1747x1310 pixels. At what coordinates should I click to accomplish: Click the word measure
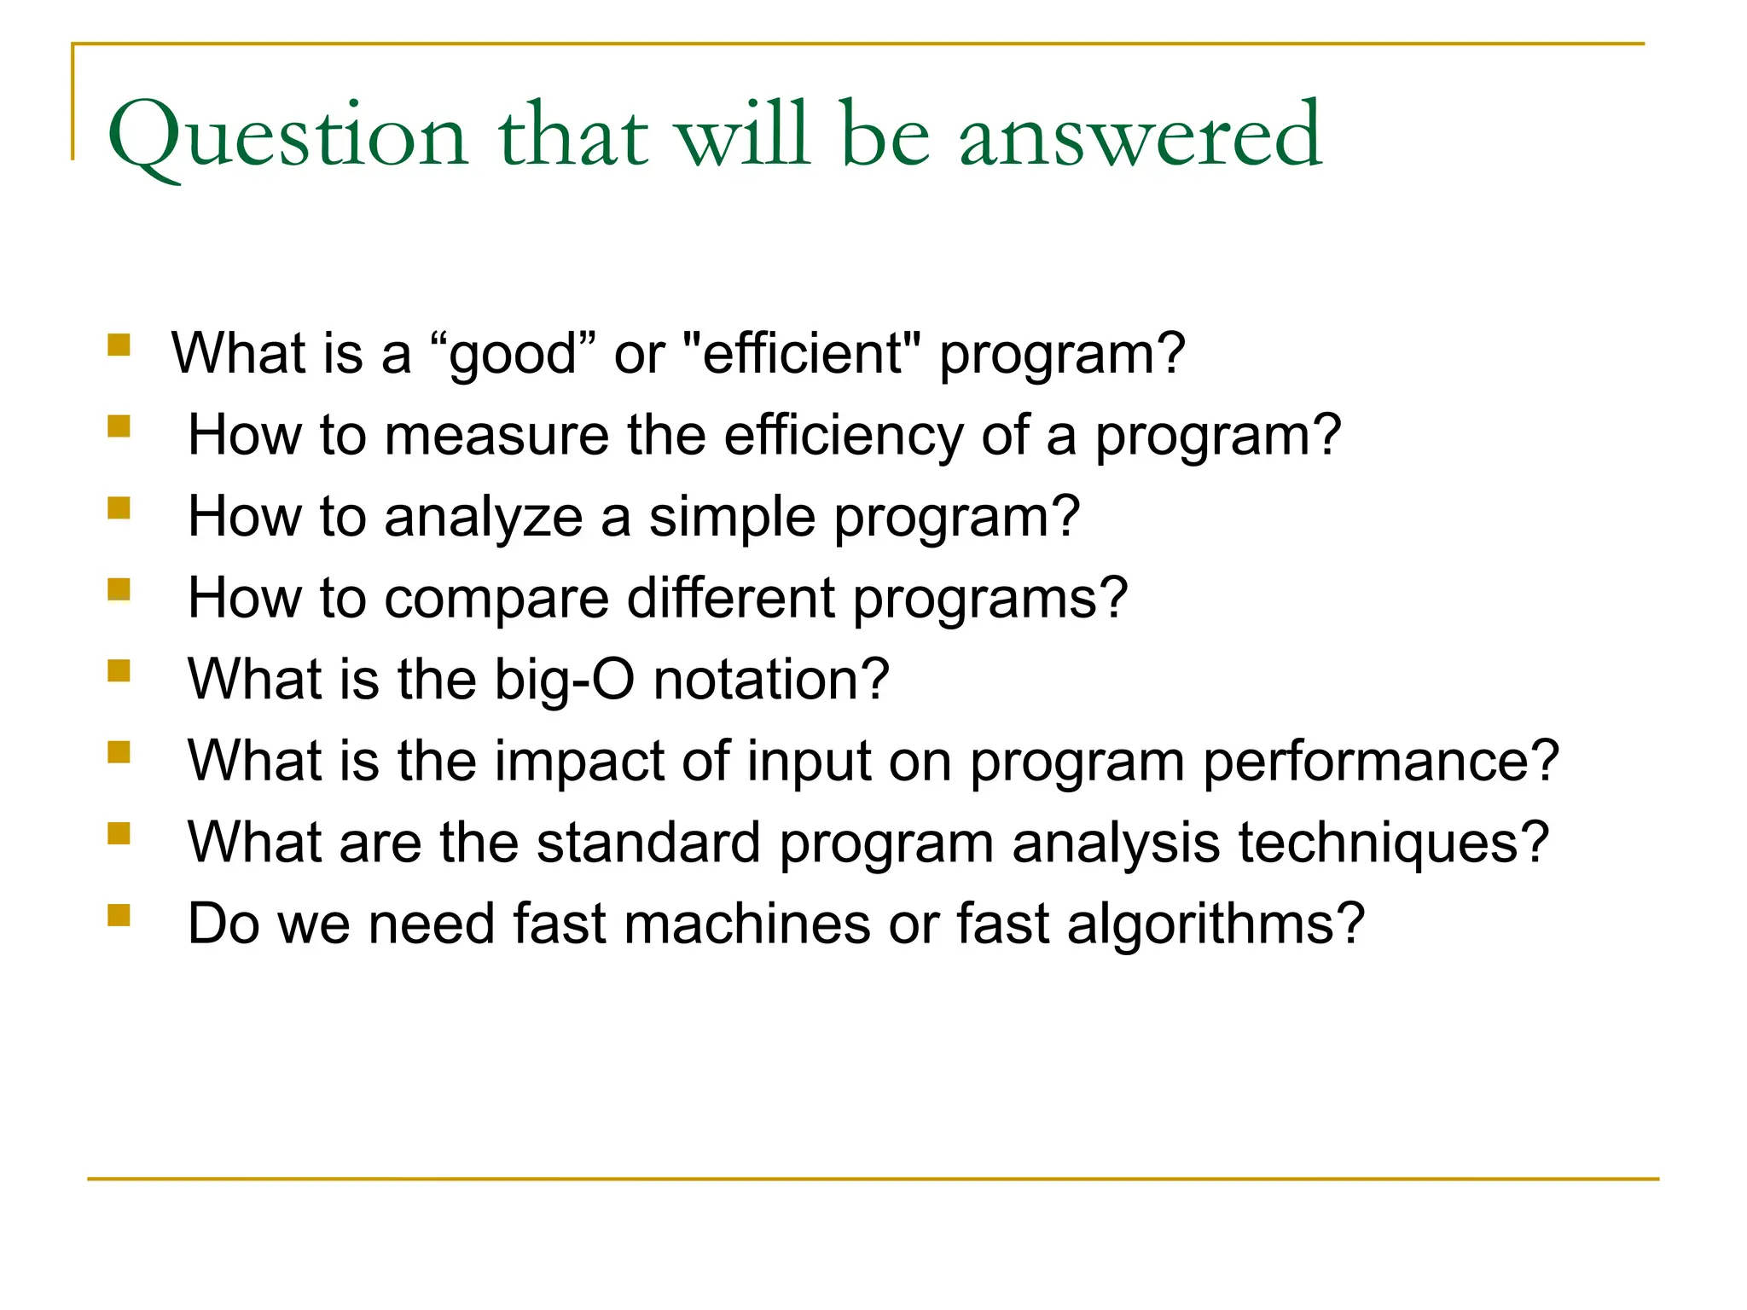pyautogui.click(x=496, y=436)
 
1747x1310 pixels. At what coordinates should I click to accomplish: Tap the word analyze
pyautogui.click(x=483, y=518)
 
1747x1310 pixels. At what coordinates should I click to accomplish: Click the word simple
pyautogui.click(x=731, y=518)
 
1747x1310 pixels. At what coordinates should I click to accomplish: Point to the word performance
pyautogui.click(x=1380, y=761)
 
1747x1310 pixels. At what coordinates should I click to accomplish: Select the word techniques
pyautogui.click(x=1393, y=843)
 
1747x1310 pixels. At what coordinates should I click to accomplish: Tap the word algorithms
pyautogui.click(x=1216, y=924)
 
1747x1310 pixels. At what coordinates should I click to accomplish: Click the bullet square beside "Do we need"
pyautogui.click(x=119, y=915)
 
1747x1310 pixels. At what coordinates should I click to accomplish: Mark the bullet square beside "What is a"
pyautogui.click(x=119, y=345)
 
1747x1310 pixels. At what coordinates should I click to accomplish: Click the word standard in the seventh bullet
pyautogui.click(x=648, y=843)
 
